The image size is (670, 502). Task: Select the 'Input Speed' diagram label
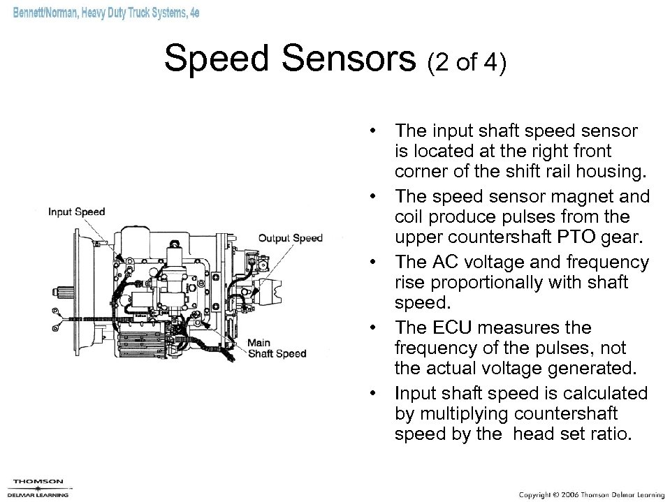point(77,212)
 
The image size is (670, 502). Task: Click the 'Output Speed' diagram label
point(291,238)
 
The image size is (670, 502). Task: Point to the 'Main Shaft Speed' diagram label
point(278,348)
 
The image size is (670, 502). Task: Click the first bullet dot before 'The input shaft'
point(375,131)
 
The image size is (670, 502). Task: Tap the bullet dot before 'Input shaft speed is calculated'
point(375,393)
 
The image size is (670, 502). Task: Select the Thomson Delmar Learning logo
point(39,487)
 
